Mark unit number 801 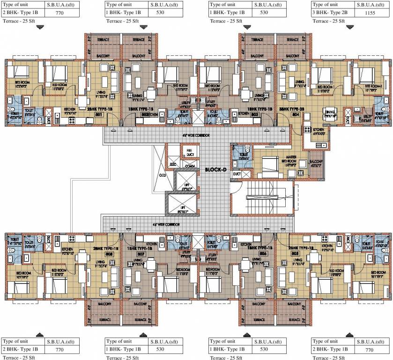[x=99, y=114]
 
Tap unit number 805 [x=294, y=254]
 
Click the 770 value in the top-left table [x=60, y=12]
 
